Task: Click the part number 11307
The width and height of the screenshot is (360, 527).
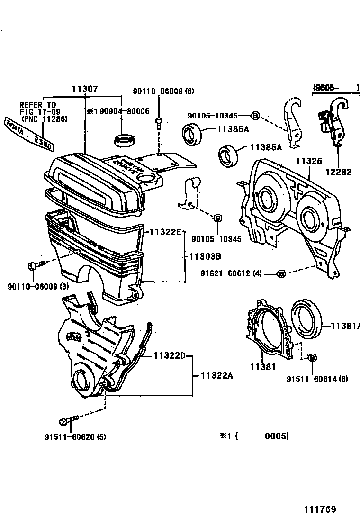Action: [x=85, y=88]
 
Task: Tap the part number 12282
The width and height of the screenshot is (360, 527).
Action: [x=338, y=172]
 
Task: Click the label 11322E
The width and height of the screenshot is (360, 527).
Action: [x=165, y=232]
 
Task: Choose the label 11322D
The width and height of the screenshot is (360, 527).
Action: [x=169, y=356]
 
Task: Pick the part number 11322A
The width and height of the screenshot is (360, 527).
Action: [x=217, y=375]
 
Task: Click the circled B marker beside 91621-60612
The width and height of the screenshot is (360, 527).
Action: [x=281, y=273]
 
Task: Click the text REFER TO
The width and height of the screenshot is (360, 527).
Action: [x=37, y=105]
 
